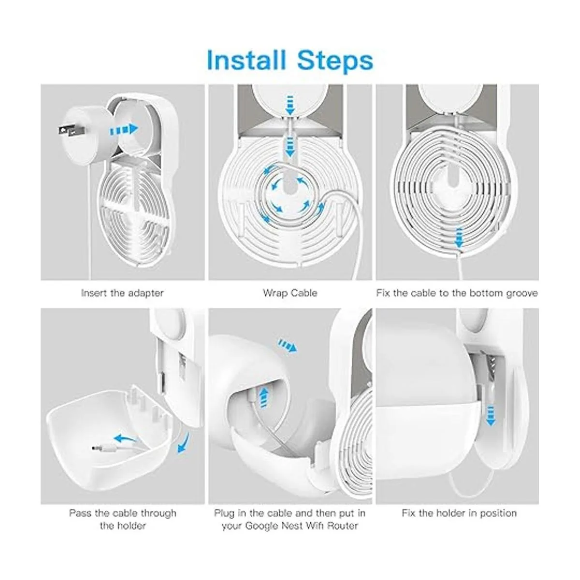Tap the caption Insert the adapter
point(122,293)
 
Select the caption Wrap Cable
point(290,293)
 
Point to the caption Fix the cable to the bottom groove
point(457,293)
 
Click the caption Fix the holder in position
point(459,513)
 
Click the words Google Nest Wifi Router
point(290,525)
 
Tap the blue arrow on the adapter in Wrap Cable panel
point(290,103)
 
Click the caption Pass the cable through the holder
point(122,519)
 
